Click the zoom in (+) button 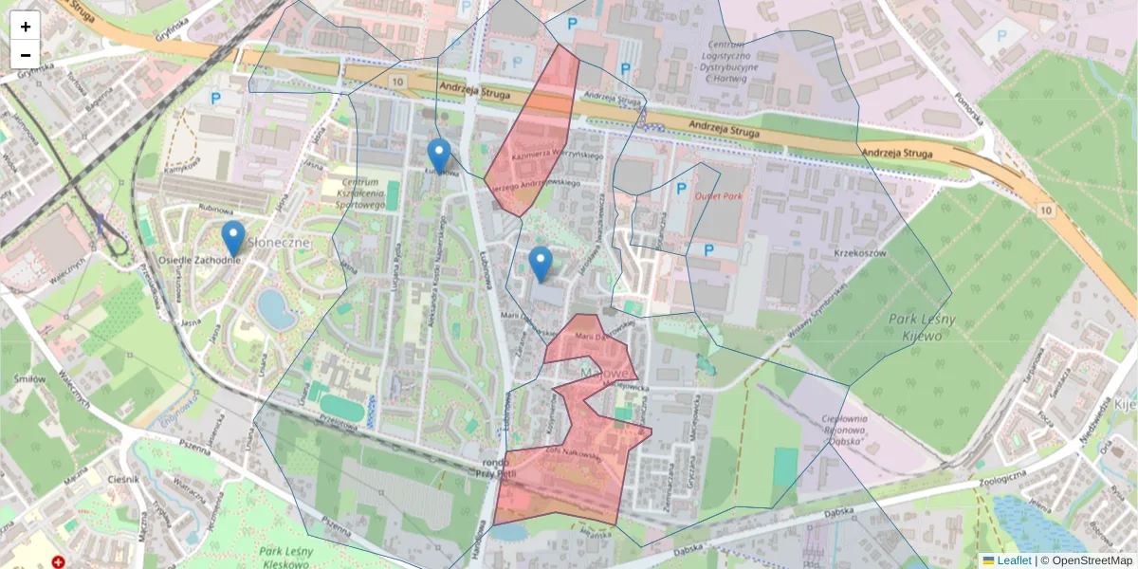pos(26,26)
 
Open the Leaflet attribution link pos(1013,560)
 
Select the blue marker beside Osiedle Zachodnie pos(232,239)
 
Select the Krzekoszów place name pos(859,254)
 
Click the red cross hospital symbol pos(59,562)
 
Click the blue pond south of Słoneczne pos(276,309)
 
